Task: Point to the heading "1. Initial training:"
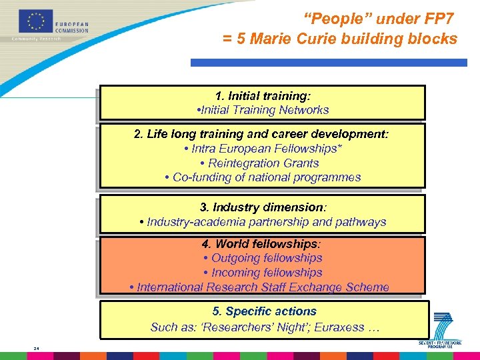(x=263, y=96)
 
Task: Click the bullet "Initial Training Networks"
(x=264, y=110)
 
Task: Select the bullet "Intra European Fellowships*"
(x=263, y=149)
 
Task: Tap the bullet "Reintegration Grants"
(x=263, y=163)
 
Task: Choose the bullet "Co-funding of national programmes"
(x=263, y=177)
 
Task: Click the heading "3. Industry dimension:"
(x=263, y=207)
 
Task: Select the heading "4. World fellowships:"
(x=263, y=244)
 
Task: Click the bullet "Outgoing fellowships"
(x=263, y=258)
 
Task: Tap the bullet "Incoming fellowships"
(x=263, y=273)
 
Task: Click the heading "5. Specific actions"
(x=265, y=311)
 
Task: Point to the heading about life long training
(x=261, y=134)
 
